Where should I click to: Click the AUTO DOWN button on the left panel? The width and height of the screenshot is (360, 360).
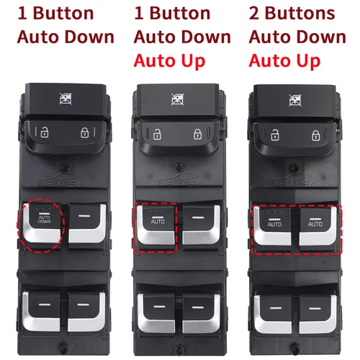[45, 223]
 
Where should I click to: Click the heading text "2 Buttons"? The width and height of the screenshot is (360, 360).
[292, 14]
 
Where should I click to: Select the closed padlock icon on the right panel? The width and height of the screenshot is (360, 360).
[314, 133]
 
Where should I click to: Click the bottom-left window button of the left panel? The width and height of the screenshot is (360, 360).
[45, 307]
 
